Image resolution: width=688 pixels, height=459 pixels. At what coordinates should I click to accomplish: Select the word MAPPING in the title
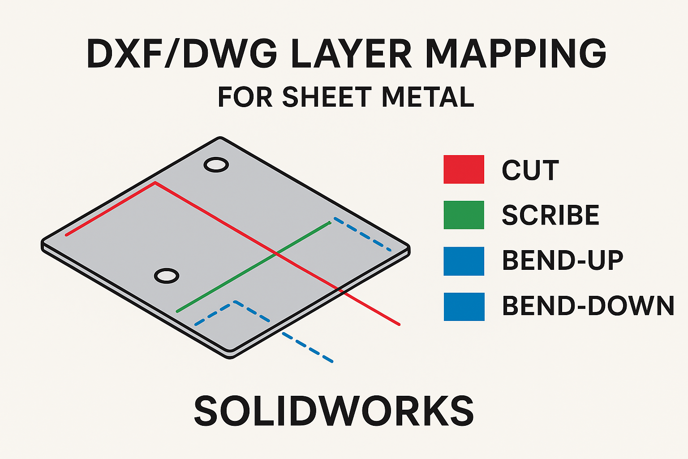(515, 54)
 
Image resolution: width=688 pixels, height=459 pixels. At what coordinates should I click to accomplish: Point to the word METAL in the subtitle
(428, 97)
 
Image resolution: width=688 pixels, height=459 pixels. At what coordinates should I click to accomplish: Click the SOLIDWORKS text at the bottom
(334, 411)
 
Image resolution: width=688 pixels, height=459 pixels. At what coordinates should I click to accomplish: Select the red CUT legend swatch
(464, 169)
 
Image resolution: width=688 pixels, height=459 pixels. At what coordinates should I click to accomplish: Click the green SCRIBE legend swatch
(464, 215)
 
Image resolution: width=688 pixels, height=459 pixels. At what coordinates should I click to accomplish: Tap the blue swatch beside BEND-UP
(464, 261)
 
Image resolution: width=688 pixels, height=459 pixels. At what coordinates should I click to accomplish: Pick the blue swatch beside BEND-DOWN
(464, 307)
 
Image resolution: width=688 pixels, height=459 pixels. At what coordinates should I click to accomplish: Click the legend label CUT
(530, 170)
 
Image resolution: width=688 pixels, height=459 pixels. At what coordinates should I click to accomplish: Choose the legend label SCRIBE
(550, 216)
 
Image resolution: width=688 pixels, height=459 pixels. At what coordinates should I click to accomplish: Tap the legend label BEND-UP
(563, 260)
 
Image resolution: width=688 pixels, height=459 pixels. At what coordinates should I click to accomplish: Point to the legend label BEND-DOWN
(588, 306)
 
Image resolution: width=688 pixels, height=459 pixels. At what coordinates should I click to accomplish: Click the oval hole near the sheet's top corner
(216, 165)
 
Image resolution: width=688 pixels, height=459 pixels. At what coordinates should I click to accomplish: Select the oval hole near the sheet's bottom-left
(166, 276)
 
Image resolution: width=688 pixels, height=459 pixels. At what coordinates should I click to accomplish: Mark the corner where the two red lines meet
(155, 183)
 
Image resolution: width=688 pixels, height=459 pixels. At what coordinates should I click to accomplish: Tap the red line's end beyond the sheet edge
(398, 324)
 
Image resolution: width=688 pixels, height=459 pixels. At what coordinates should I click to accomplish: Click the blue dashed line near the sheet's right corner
(362, 234)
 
